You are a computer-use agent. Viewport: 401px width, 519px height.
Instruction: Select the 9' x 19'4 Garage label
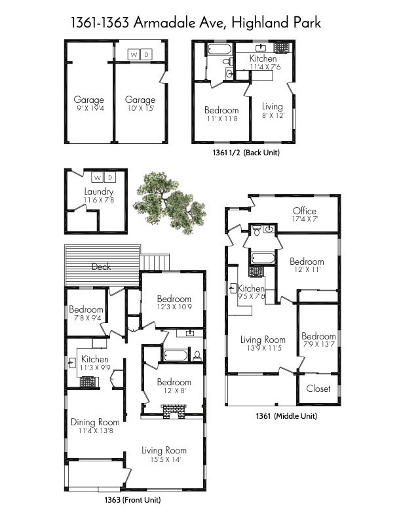pyautogui.click(x=88, y=104)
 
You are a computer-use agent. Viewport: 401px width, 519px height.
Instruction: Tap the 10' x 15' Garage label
pyautogui.click(x=140, y=104)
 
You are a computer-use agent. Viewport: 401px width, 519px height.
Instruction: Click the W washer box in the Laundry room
pyautogui.click(x=97, y=178)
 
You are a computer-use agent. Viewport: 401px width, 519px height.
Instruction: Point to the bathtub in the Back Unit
pyautogui.click(x=217, y=49)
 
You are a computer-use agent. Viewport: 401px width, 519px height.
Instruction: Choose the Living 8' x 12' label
pyautogui.click(x=272, y=110)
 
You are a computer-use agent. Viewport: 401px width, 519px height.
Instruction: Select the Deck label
pyautogui.click(x=102, y=267)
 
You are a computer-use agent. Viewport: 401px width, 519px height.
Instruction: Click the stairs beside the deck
pyautogui.click(x=155, y=262)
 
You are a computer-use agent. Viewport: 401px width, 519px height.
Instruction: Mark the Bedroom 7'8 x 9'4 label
pyautogui.click(x=86, y=313)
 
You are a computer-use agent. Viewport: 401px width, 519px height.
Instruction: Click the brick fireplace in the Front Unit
pyautogui.click(x=174, y=411)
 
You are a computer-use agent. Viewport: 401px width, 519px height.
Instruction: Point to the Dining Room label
pyautogui.click(x=95, y=426)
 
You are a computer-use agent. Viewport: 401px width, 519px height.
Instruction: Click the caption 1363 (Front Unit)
pyautogui.click(x=132, y=500)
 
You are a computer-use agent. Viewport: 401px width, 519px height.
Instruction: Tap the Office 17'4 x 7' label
pyautogui.click(x=305, y=215)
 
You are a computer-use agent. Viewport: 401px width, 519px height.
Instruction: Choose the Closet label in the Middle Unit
pyautogui.click(x=318, y=389)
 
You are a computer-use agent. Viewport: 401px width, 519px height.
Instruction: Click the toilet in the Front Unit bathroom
pyautogui.click(x=197, y=356)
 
